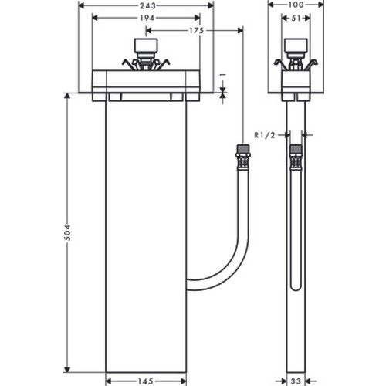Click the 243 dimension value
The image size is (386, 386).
(147, 5)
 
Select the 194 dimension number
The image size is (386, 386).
(147, 18)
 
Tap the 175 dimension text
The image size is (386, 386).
(196, 31)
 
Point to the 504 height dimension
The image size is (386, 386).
(67, 232)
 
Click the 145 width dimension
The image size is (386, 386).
(146, 381)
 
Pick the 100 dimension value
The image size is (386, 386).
(296, 5)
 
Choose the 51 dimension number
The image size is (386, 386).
(296, 18)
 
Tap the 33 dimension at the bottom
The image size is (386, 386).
(296, 381)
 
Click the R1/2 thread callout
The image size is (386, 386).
(265, 135)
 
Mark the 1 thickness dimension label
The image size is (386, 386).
(223, 75)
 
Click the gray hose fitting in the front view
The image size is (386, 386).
(243, 149)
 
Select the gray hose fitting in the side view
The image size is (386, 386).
(296, 149)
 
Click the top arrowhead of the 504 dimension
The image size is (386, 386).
(67, 96)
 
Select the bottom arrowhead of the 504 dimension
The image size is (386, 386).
(67, 370)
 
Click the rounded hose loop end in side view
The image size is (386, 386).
(296, 287)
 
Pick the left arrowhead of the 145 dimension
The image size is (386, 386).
(109, 381)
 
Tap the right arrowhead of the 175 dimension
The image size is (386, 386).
(240, 31)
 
